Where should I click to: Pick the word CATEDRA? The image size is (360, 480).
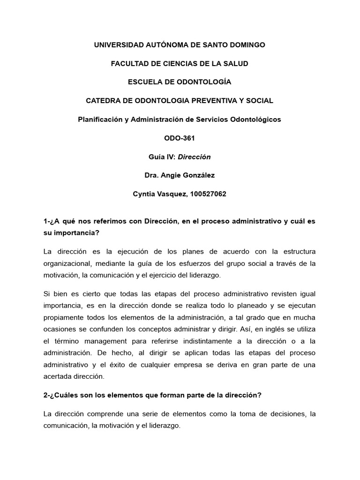103,101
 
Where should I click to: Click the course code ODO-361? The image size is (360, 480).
180,138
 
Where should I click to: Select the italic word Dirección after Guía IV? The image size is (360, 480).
194,157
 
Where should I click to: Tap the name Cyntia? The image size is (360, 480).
145,194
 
